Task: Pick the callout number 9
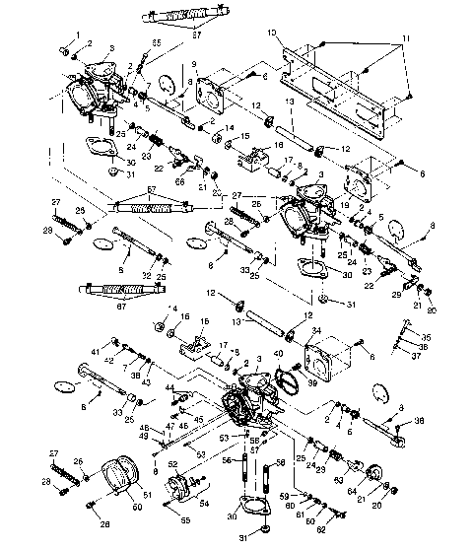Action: (195, 64)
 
